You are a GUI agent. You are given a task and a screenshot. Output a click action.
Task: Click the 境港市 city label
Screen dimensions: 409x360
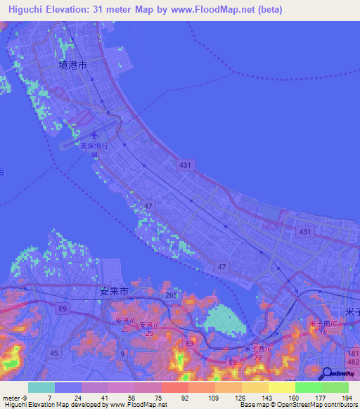[x=72, y=65]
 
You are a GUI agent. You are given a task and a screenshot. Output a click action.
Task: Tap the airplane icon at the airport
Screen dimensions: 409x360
[x=95, y=134]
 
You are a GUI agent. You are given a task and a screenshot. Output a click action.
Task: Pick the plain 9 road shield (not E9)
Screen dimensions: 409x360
[x=122, y=353]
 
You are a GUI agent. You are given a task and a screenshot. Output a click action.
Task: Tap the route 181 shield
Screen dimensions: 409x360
[x=353, y=352]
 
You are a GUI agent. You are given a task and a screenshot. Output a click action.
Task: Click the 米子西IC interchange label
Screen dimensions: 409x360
[x=257, y=351]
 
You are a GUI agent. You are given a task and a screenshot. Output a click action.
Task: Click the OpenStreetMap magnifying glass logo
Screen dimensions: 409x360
[x=328, y=375]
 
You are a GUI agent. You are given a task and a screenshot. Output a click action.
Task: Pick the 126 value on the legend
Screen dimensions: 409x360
[x=241, y=398]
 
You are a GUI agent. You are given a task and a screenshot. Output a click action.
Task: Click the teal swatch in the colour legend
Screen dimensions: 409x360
[x=41, y=387]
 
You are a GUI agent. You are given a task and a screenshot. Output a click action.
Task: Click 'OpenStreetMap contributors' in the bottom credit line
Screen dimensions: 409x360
[x=322, y=405]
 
